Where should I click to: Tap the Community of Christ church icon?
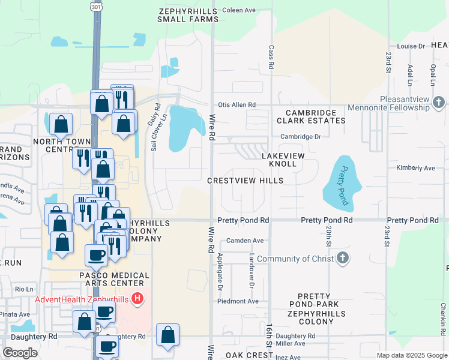coord(342,259)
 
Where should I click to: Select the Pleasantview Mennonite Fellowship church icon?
coord(439,103)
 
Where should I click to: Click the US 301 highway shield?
coord(96,7)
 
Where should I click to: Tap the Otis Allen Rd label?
coord(237,104)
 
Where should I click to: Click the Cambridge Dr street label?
coord(301,136)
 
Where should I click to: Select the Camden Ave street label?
coord(245,241)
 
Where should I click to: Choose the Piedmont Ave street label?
coord(242,301)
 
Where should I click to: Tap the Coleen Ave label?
coord(239,10)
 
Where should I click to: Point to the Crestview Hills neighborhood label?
coord(245,180)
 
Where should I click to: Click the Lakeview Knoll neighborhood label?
coord(279,160)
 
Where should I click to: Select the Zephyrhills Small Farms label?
coord(188,15)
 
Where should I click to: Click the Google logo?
coord(20,353)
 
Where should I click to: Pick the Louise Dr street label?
coord(411,46)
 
